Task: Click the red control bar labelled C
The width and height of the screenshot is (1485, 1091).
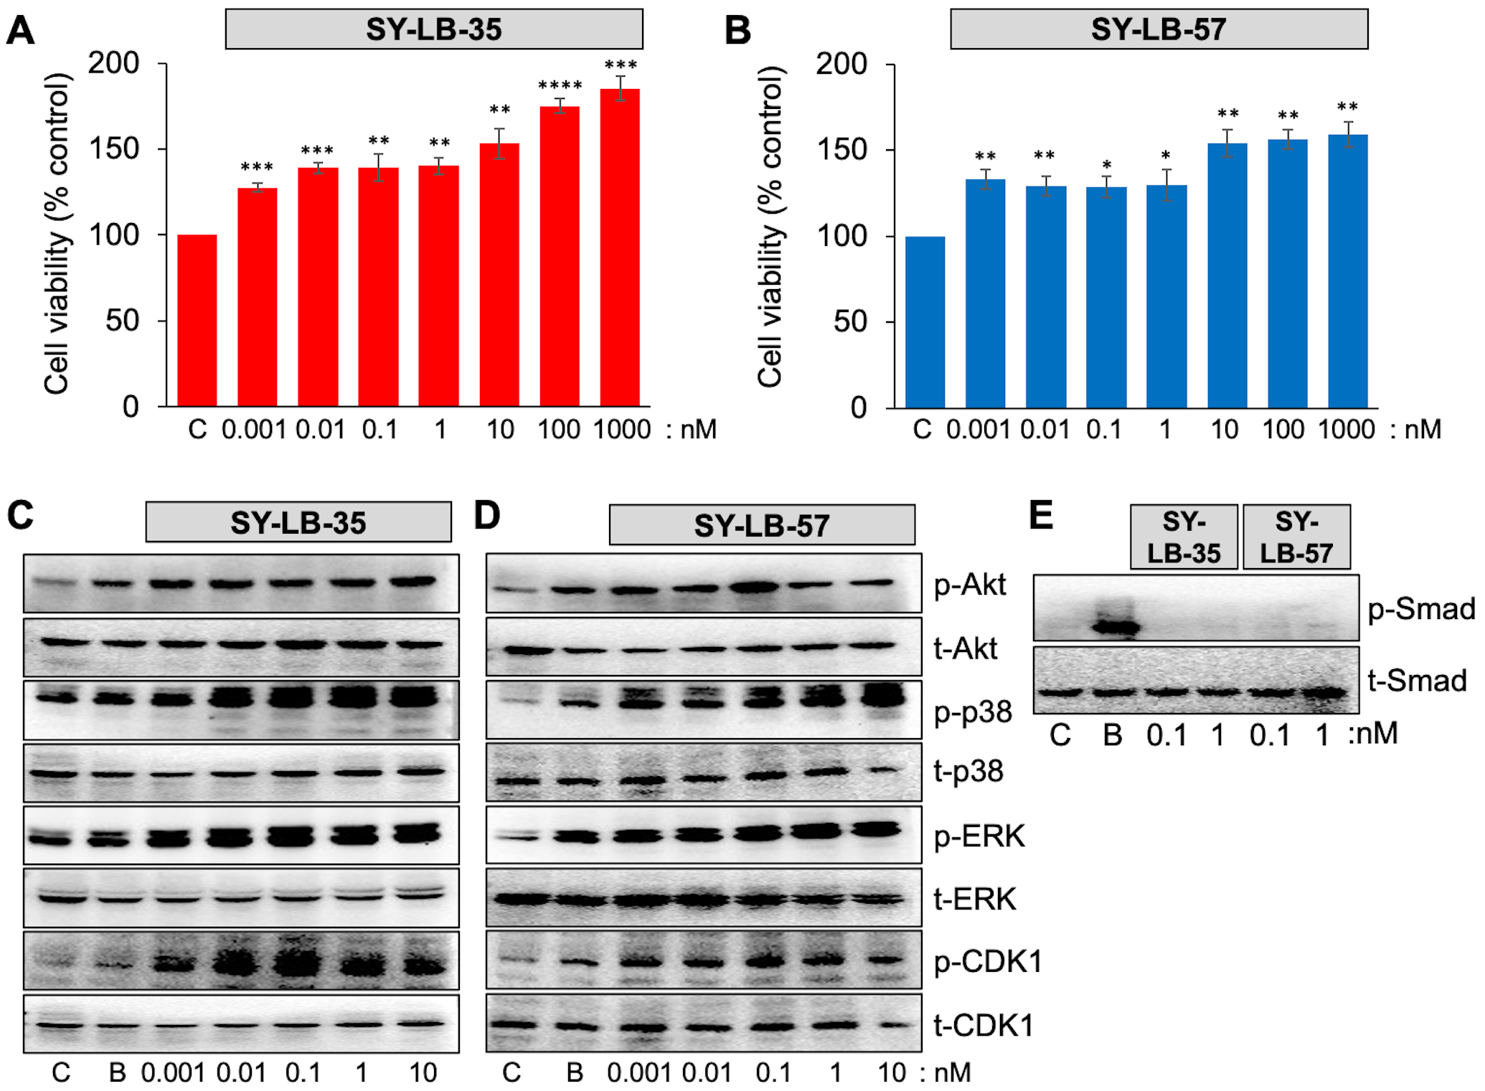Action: coord(197,320)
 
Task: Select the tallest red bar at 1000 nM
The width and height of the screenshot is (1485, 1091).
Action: coord(620,247)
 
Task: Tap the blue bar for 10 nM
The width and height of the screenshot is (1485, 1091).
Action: coord(1227,275)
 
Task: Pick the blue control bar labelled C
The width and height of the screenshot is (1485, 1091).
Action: coord(925,322)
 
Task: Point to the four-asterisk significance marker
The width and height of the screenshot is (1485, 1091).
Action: coord(560,85)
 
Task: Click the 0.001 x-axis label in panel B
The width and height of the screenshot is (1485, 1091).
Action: coord(978,430)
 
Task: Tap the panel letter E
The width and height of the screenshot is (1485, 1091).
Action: coord(1041,516)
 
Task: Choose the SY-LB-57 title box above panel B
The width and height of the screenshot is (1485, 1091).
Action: coord(1159,29)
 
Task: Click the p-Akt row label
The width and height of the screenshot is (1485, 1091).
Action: coord(970,585)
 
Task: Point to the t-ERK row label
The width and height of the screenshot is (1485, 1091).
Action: coord(974,899)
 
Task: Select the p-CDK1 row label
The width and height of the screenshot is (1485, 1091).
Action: coord(987,961)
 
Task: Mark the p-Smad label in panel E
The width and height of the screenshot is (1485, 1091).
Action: coord(1420,609)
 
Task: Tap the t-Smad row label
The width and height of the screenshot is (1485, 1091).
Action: coord(1417,680)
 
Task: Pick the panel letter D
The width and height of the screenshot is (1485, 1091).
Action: coord(487,516)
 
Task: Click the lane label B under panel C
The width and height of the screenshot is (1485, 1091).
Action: coord(117,1073)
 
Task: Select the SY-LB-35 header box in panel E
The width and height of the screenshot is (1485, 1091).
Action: coord(1184,537)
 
